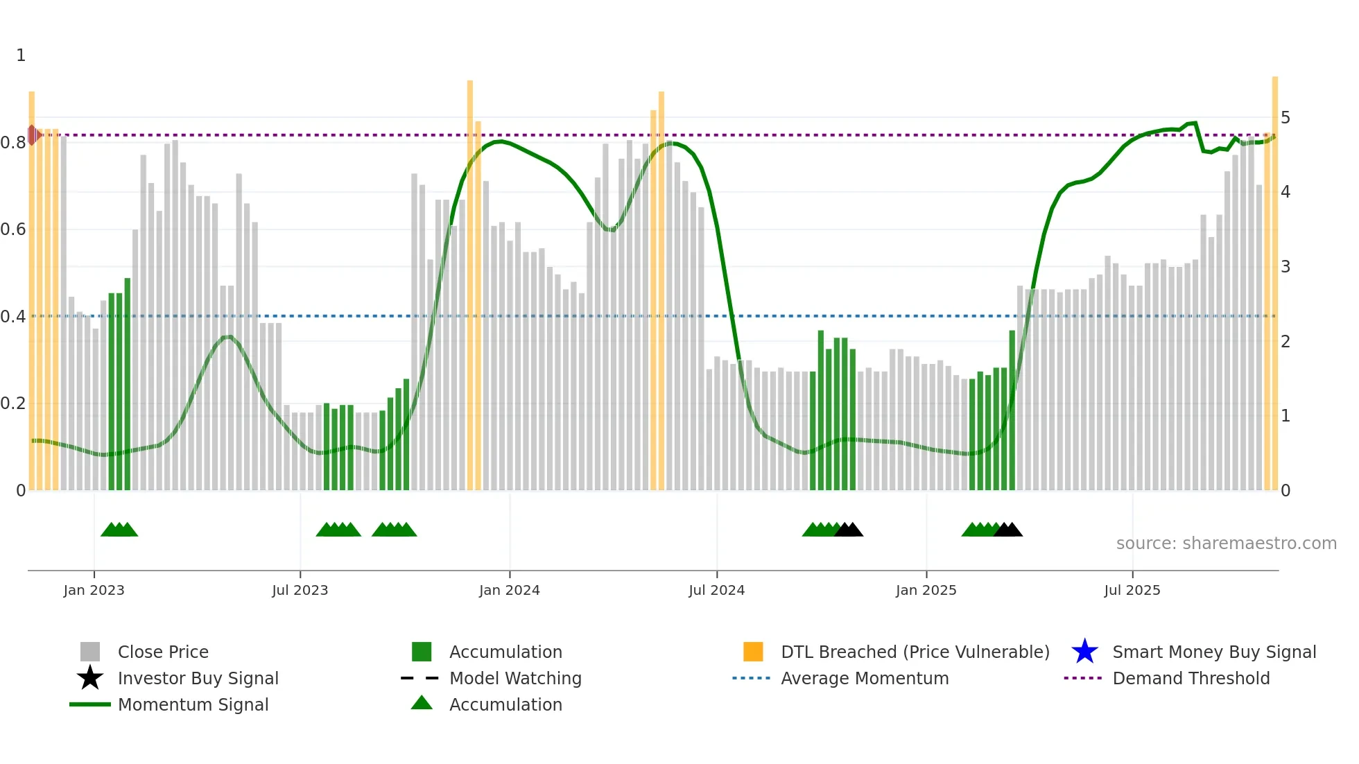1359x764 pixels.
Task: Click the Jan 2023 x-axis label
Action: pos(94,590)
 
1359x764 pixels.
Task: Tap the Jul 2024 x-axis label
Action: pos(716,590)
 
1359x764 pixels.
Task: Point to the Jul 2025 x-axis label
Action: pos(1132,590)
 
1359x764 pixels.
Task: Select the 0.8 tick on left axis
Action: pos(13,143)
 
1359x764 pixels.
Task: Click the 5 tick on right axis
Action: pos(1285,118)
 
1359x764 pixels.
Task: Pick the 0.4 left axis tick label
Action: pos(13,317)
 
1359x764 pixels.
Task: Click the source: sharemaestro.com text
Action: pos(1226,544)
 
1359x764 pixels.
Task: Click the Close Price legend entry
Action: pos(163,652)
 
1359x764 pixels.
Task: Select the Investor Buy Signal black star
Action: pos(90,678)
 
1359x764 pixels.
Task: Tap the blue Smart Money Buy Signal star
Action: pos(1084,652)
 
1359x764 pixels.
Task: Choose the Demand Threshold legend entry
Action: pos(1191,678)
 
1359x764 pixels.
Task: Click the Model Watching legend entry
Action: pos(514,678)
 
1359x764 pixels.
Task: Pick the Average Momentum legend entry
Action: pos(864,678)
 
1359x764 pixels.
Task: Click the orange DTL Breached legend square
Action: pos(753,652)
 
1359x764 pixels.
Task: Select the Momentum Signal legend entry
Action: pos(193,704)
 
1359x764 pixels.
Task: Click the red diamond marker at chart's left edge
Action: pos(33,134)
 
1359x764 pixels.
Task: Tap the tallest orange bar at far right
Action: pos(1274,277)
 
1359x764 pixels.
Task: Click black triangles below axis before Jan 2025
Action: pos(849,530)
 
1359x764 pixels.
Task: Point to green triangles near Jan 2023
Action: pos(119,530)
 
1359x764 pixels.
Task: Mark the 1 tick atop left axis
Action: pos(21,55)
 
